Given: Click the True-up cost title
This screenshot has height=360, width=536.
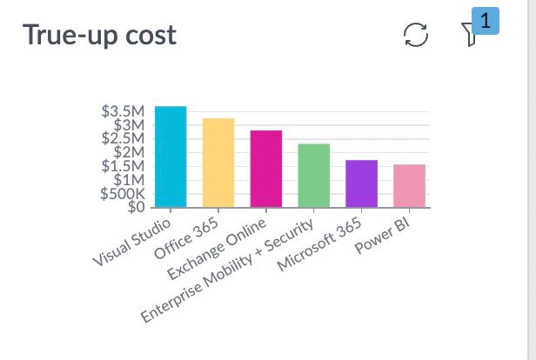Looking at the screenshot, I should (x=99, y=36).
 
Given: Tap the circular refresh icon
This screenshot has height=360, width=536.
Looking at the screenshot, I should (x=417, y=36).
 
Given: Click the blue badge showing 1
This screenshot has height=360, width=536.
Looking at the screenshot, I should (x=485, y=19).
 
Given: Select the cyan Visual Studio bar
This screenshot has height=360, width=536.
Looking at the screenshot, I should (x=171, y=157).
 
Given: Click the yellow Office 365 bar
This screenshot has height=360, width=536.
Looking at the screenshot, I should (x=218, y=163).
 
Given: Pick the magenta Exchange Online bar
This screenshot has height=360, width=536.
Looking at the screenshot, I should (x=266, y=169).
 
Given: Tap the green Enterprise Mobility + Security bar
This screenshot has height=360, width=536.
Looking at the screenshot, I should (x=314, y=176).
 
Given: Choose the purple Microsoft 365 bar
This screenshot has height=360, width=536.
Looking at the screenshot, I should (x=361, y=183).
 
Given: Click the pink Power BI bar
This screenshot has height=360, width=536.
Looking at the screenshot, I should (x=410, y=185).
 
